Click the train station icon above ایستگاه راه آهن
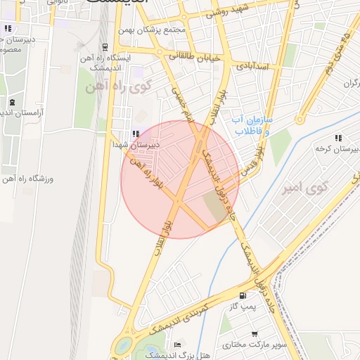[105, 48]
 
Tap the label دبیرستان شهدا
[136, 144]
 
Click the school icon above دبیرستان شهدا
[136, 134]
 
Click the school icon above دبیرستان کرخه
[338, 139]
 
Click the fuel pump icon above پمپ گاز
[243, 297]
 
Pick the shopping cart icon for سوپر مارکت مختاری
[255, 335]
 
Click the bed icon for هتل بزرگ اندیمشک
[177, 345]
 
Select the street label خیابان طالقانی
[195, 56]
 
